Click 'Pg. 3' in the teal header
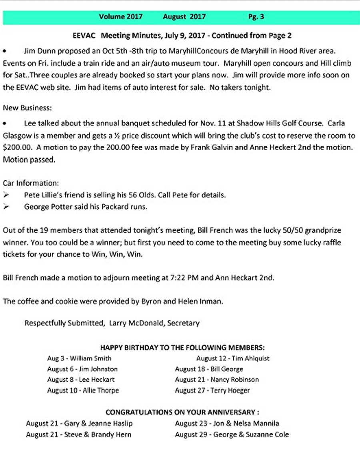tap(256, 17)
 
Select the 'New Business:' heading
tap(27, 108)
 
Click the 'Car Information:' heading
tap(31, 183)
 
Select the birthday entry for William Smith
tap(79, 358)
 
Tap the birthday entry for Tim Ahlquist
tap(233, 358)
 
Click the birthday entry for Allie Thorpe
tap(83, 390)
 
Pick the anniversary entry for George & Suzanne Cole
tap(232, 434)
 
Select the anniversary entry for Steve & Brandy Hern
tap(78, 434)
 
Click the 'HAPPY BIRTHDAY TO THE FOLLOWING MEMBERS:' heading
tap(182, 347)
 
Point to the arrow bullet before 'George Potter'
tap(6, 207)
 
